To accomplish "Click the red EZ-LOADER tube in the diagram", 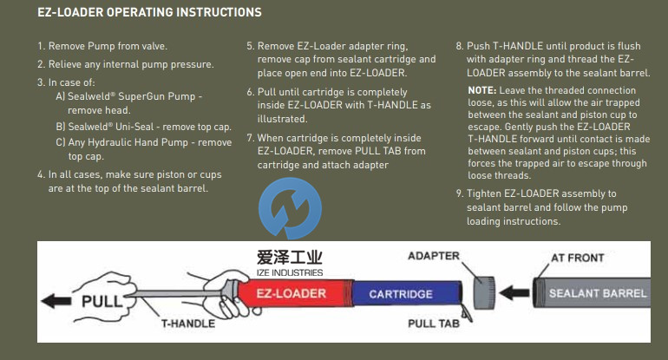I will (291, 294).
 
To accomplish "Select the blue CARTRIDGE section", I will (400, 294).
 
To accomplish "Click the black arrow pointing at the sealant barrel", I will (517, 293).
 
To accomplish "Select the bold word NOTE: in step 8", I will (481, 90).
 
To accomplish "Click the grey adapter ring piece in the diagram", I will (483, 293).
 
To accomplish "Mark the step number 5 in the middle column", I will (250, 45).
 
